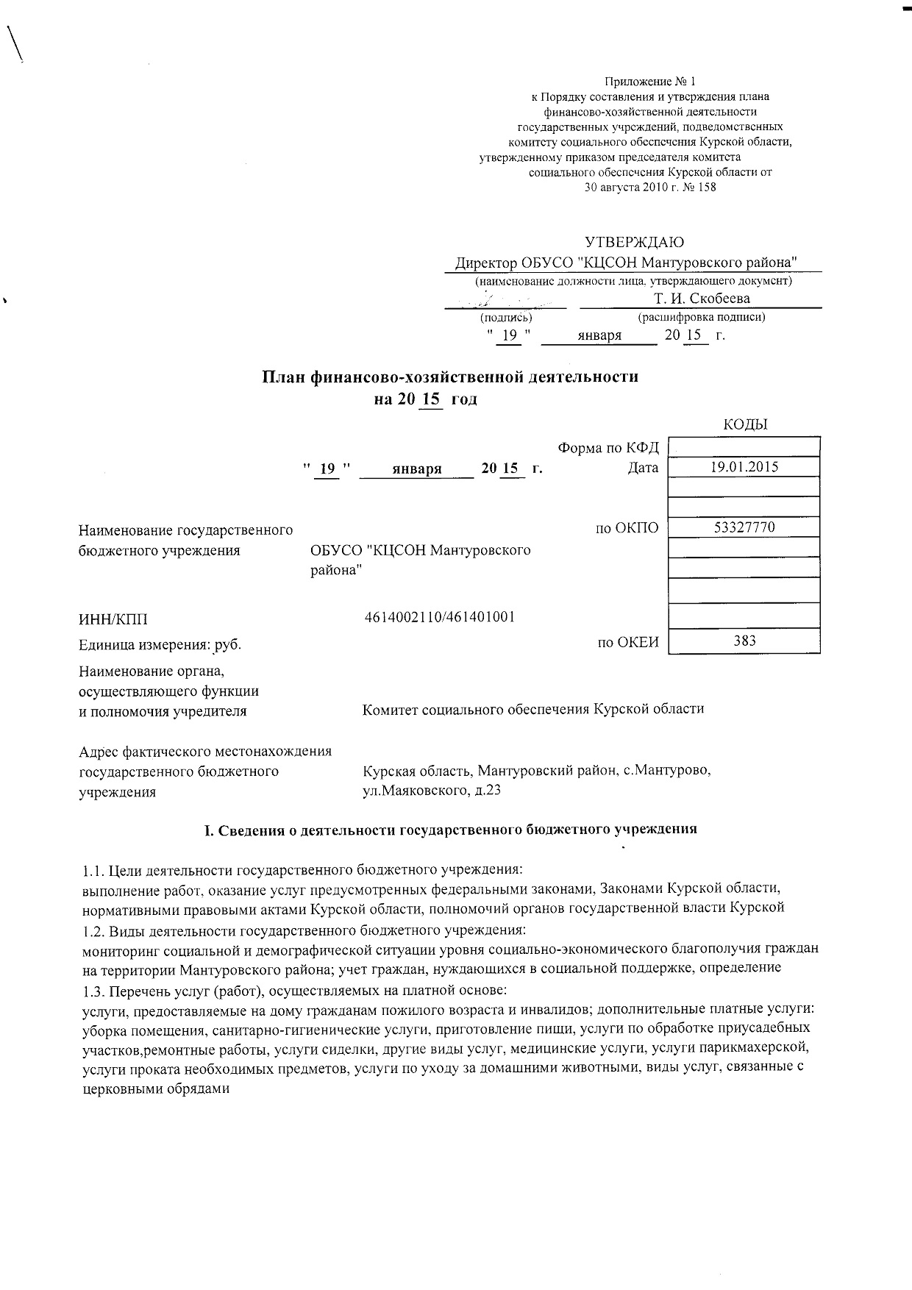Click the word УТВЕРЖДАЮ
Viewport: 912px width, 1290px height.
click(x=634, y=242)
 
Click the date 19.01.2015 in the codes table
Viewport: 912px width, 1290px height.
click(x=744, y=466)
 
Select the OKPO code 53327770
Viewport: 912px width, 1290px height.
click(x=744, y=527)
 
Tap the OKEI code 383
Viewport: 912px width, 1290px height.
click(x=744, y=641)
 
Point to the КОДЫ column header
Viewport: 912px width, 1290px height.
click(x=745, y=424)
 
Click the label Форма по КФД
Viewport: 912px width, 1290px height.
click(x=608, y=448)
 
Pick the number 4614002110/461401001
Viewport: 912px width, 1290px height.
click(x=440, y=616)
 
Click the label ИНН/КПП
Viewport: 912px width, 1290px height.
click(x=118, y=621)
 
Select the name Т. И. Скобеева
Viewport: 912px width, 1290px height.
click(x=702, y=298)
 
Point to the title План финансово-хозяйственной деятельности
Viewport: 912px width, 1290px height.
click(x=451, y=377)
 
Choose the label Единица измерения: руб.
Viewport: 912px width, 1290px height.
click(x=160, y=644)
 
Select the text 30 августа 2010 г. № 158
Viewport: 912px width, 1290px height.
click(x=649, y=187)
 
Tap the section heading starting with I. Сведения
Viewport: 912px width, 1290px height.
click(x=450, y=829)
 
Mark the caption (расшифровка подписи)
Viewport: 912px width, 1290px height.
click(x=702, y=317)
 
